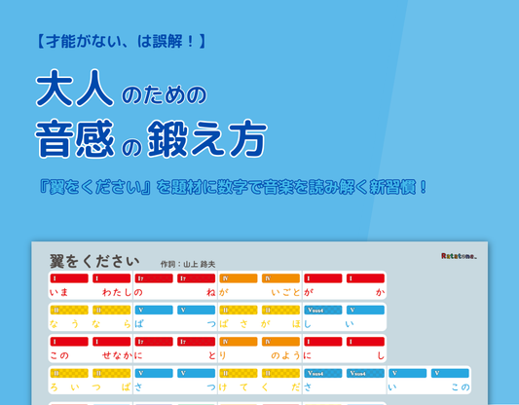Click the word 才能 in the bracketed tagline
click(x=60, y=42)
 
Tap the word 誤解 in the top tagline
click(x=167, y=42)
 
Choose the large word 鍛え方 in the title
click(x=213, y=139)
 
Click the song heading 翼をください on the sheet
click(x=94, y=261)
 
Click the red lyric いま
click(x=58, y=292)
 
